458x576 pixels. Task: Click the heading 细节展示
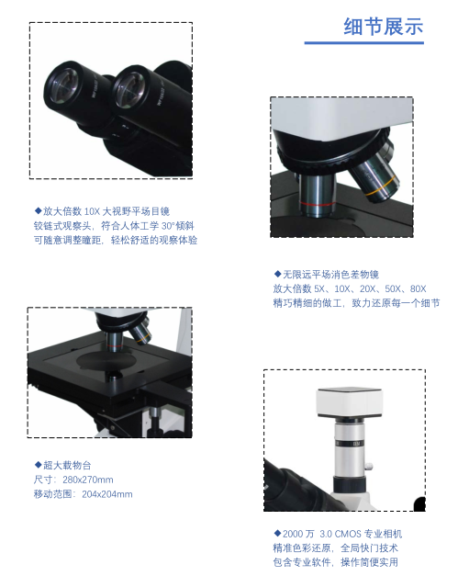pyautogui.click(x=383, y=27)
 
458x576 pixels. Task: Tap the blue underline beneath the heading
pyautogui.click(x=364, y=43)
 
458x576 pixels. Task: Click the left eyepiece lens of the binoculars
pyautogui.click(x=63, y=85)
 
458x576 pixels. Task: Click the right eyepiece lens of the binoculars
pyautogui.click(x=130, y=90)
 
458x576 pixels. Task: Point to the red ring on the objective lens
pyautogui.click(x=317, y=203)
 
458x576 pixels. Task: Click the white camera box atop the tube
pyautogui.click(x=350, y=403)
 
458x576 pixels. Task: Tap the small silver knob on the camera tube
pyautogui.click(x=368, y=467)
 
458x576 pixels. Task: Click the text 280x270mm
pyautogui.click(x=88, y=480)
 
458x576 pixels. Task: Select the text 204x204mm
pyautogui.click(x=106, y=494)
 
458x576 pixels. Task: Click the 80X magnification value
pyautogui.click(x=418, y=289)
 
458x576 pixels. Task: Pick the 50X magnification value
pyautogui.click(x=393, y=289)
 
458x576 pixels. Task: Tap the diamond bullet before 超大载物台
pyautogui.click(x=38, y=465)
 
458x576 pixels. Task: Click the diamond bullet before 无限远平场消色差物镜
pyautogui.click(x=277, y=274)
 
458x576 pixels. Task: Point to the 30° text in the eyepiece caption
pyautogui.click(x=167, y=226)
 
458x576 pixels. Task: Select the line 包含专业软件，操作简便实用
pyautogui.click(x=335, y=562)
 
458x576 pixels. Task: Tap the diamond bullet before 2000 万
pyautogui.click(x=277, y=533)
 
